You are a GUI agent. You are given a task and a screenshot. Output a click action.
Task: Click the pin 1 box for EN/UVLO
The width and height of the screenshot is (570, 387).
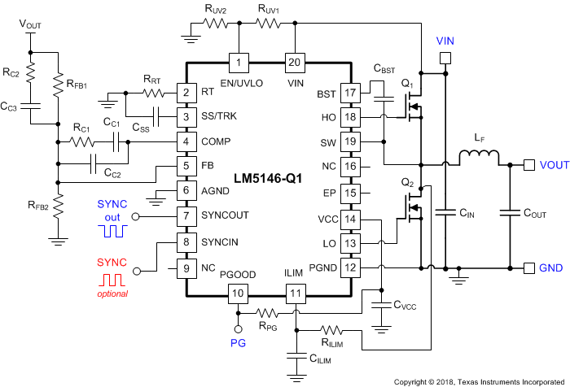[x=238, y=63]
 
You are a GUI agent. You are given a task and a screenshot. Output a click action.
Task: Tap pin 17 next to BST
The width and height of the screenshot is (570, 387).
[x=349, y=93]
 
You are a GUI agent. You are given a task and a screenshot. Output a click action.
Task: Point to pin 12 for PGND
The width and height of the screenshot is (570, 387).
[x=349, y=266]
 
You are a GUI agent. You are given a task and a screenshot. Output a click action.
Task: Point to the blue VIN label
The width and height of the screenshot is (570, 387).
[x=445, y=41]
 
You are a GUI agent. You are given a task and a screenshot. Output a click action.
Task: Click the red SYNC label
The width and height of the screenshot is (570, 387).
[x=112, y=263]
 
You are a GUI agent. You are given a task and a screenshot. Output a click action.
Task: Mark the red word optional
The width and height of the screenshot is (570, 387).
[x=113, y=293]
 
